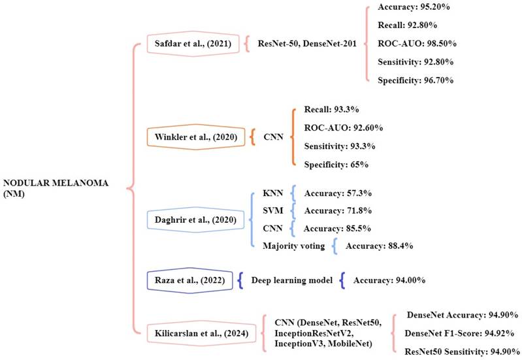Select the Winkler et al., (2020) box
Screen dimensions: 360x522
point(197,137)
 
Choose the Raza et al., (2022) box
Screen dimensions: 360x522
point(187,280)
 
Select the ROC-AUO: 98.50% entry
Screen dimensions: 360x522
point(417,44)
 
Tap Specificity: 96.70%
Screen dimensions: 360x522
point(416,80)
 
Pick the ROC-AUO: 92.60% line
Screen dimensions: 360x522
point(344,127)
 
